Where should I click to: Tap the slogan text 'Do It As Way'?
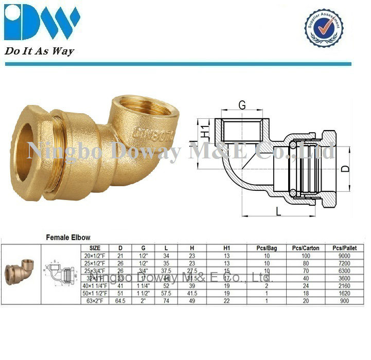[40, 51]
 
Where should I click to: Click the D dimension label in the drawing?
[346, 168]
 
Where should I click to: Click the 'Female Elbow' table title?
[68, 238]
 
